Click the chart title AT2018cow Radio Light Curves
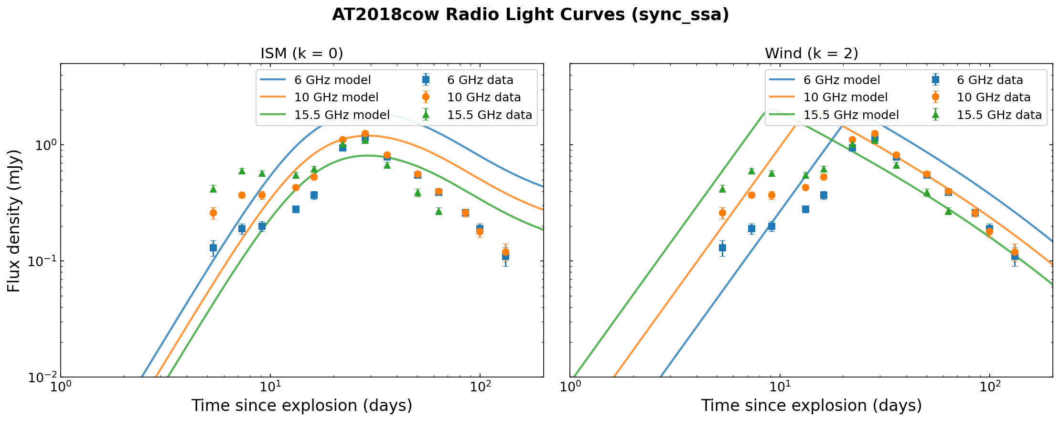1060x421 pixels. [530, 15]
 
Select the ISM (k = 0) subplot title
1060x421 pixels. [301, 53]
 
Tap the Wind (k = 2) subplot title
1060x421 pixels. [811, 53]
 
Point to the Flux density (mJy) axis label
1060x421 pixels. [14, 220]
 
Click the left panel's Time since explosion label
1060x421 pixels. [301, 406]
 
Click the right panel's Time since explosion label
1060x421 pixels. [811, 406]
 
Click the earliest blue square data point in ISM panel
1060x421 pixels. [213, 248]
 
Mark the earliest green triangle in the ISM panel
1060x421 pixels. [213, 189]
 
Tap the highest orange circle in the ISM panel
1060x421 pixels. [365, 134]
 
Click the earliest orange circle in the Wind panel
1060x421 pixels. [722, 213]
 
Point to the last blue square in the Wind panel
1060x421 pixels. [1015, 256]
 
